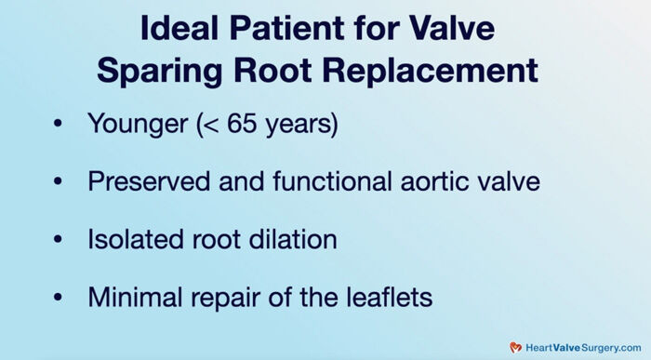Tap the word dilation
tap(297, 238)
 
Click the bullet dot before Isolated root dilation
tap(61, 239)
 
